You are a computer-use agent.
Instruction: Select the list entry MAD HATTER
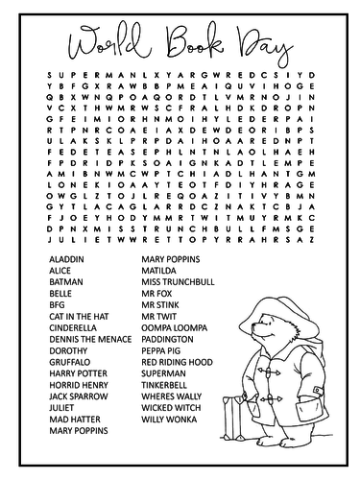click(69, 430)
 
